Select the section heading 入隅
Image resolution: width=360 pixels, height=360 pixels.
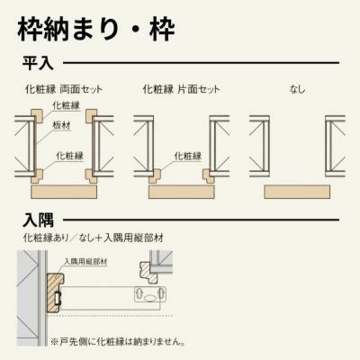[38, 220]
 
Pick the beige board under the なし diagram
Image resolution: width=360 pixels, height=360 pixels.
[297, 192]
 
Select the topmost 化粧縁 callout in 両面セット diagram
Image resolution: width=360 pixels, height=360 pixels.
[66, 106]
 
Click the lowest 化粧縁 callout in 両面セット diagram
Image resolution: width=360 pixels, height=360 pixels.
[69, 154]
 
